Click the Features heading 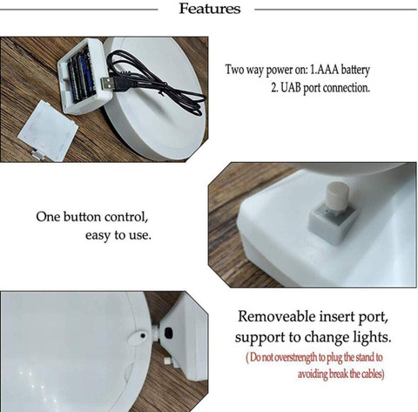[x=210, y=9]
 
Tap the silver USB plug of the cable [x=107, y=84]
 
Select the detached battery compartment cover [x=48, y=131]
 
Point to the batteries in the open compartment [x=82, y=76]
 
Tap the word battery [x=355, y=71]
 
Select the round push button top [x=337, y=196]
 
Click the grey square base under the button [x=334, y=225]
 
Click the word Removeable [x=277, y=316]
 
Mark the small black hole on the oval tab [x=143, y=335]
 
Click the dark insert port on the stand [x=168, y=333]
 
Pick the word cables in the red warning [x=372, y=374]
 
